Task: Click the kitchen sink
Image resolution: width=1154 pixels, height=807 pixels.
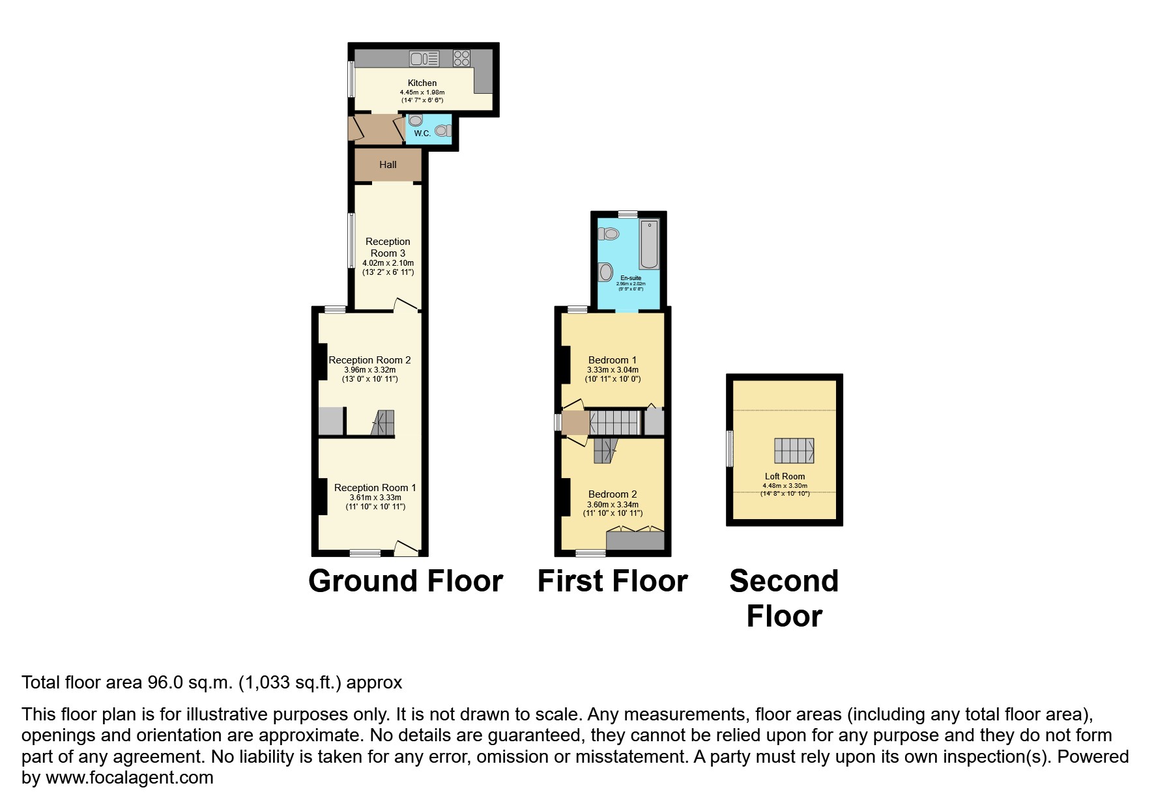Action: pos(424,59)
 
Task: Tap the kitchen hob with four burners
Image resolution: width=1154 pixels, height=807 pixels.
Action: pos(461,59)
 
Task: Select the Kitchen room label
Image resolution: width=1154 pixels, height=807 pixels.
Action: pos(422,83)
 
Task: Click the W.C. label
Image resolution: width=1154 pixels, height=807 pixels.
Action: pos(422,134)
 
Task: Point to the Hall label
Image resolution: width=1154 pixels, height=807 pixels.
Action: pos(388,165)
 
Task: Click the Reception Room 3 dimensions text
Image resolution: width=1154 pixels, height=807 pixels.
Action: pos(388,268)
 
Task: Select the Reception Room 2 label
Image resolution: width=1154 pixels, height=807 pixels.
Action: pos(369,360)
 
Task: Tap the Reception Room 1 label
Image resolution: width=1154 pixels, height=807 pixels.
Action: pos(375,488)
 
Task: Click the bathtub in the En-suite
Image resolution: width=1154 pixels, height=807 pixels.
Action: pos(649,245)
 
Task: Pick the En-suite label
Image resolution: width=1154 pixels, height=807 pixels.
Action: pos(631,278)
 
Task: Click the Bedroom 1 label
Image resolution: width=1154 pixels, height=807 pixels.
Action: pos(613,360)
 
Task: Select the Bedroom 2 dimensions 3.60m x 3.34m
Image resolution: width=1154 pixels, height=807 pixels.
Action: pos(613,505)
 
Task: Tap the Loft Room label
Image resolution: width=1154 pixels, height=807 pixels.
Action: pos(785,477)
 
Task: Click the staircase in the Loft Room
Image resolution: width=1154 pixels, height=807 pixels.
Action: pos(794,450)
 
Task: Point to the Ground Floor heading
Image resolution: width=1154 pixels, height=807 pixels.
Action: pos(405,581)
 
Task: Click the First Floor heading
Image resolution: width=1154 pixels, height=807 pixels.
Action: pos(613,581)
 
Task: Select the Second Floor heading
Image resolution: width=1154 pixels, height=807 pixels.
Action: pos(784,599)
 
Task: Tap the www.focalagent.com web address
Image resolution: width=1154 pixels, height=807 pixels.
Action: pos(129,778)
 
